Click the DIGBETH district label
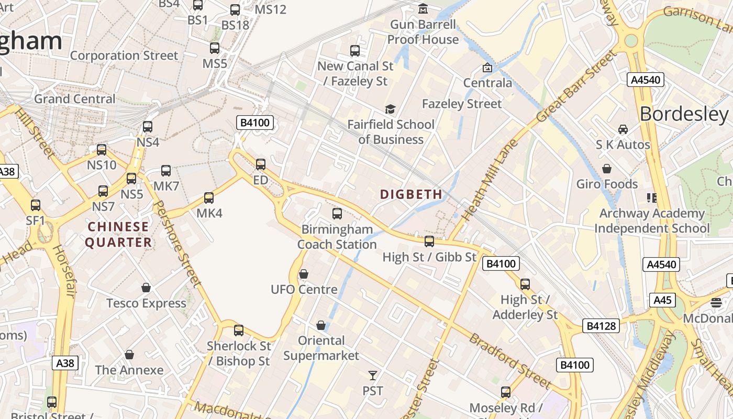pyautogui.click(x=411, y=194)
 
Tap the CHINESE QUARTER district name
pyautogui.click(x=118, y=234)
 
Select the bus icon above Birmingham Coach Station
pyautogui.click(x=337, y=214)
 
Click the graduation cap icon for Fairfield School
pyautogui.click(x=390, y=109)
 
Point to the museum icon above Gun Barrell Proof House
pyautogui.click(x=423, y=9)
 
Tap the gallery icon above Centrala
pyautogui.click(x=487, y=68)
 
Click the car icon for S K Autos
pyautogui.click(x=623, y=129)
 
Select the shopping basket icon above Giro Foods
pyautogui.click(x=607, y=169)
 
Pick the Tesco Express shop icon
pyautogui.click(x=146, y=288)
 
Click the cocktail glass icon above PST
pyautogui.click(x=372, y=375)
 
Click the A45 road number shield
pyautogui.click(x=662, y=300)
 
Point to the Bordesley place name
pyautogui.click(x=684, y=114)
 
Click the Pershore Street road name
pyautogui.click(x=178, y=244)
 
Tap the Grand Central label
pyautogui.click(x=74, y=98)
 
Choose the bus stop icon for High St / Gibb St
pyautogui.click(x=429, y=241)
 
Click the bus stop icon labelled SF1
pyautogui.click(x=36, y=205)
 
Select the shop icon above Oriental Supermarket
pyautogui.click(x=321, y=325)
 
